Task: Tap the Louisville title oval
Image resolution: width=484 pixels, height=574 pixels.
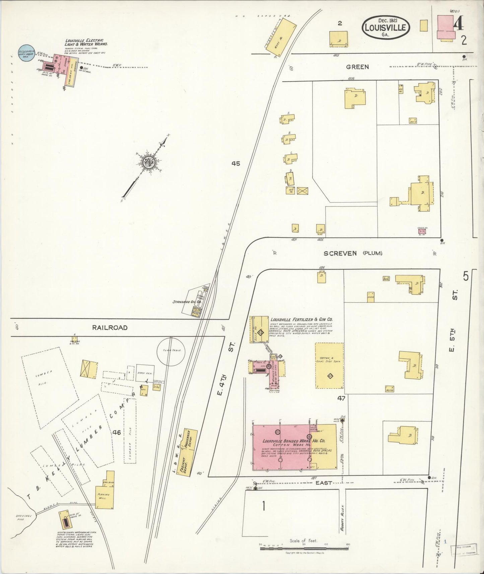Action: [x=386, y=27]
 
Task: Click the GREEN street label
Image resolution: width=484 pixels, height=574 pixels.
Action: [x=357, y=67]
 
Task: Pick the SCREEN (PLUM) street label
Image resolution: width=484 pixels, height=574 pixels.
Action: [x=353, y=253]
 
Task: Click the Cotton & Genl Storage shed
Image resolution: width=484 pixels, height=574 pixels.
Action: [x=330, y=366]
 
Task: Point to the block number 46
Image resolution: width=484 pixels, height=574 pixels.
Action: [x=117, y=432]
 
